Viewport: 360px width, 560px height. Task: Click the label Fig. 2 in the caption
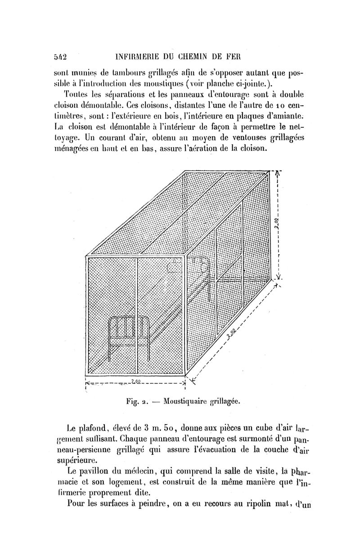(x=137, y=400)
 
